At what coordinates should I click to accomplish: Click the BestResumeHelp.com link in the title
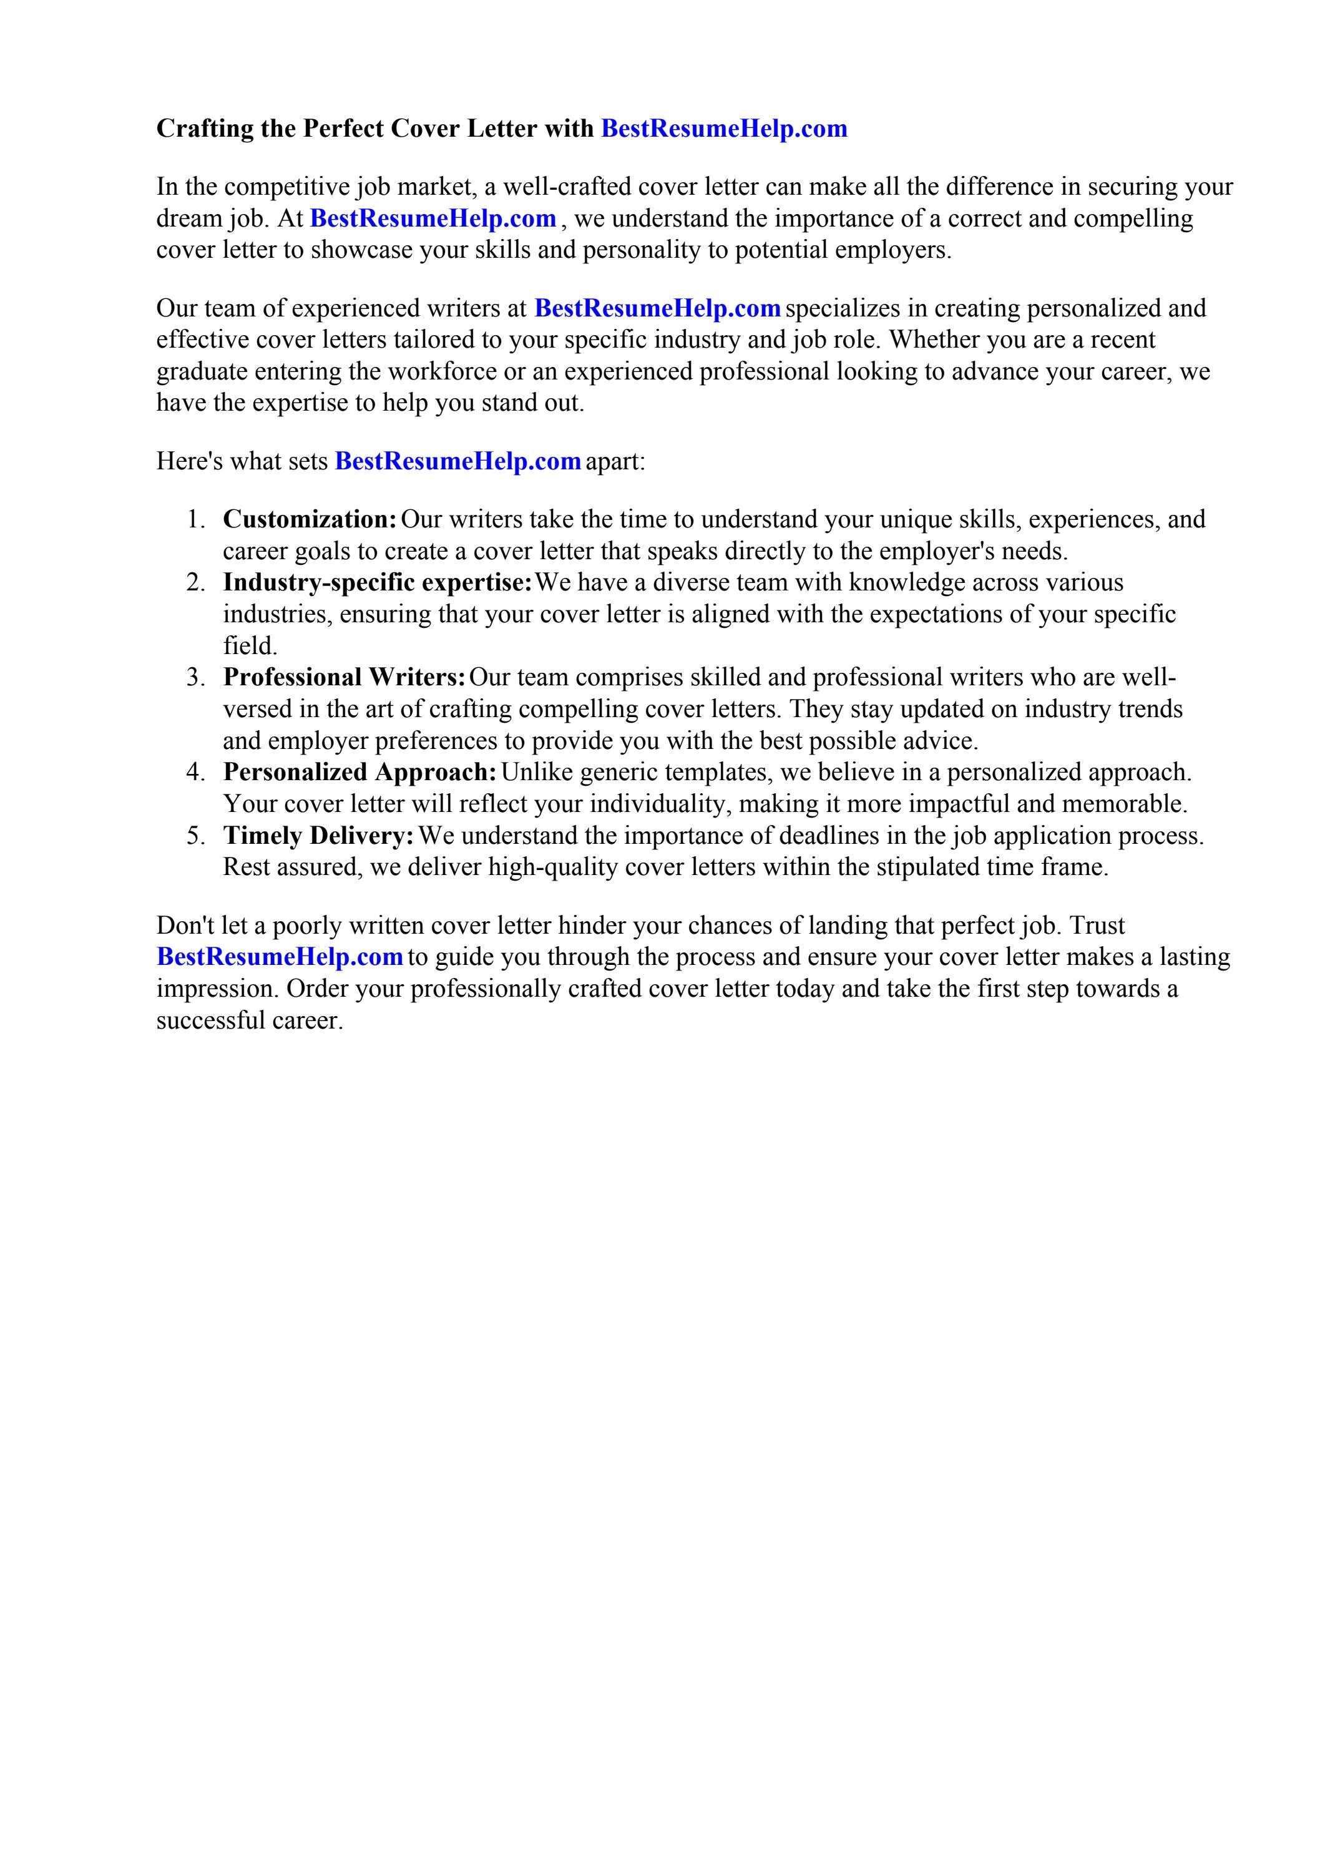(723, 129)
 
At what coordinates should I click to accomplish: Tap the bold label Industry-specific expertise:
(378, 582)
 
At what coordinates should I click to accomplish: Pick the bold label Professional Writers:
(345, 677)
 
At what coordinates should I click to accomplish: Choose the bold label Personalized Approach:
(359, 772)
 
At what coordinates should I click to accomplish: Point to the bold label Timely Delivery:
(319, 836)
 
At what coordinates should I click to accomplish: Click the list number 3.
(195, 677)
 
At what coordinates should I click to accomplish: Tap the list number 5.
(195, 836)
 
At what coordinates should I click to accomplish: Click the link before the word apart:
(457, 461)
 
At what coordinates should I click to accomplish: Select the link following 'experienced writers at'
(658, 308)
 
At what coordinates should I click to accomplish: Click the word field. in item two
(250, 646)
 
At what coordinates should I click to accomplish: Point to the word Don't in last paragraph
(185, 926)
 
